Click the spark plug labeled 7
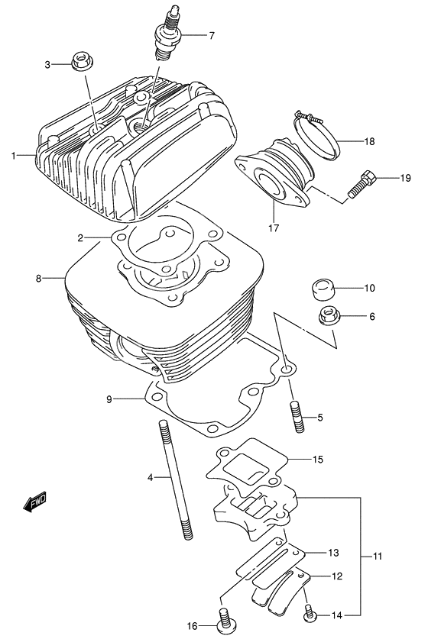pos(167,36)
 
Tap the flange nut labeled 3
pos(80,63)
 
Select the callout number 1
pos(14,156)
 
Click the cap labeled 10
pos(324,290)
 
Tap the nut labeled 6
pos(326,315)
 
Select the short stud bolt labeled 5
pos(296,418)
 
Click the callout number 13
pos(333,552)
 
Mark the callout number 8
pos(37,279)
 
